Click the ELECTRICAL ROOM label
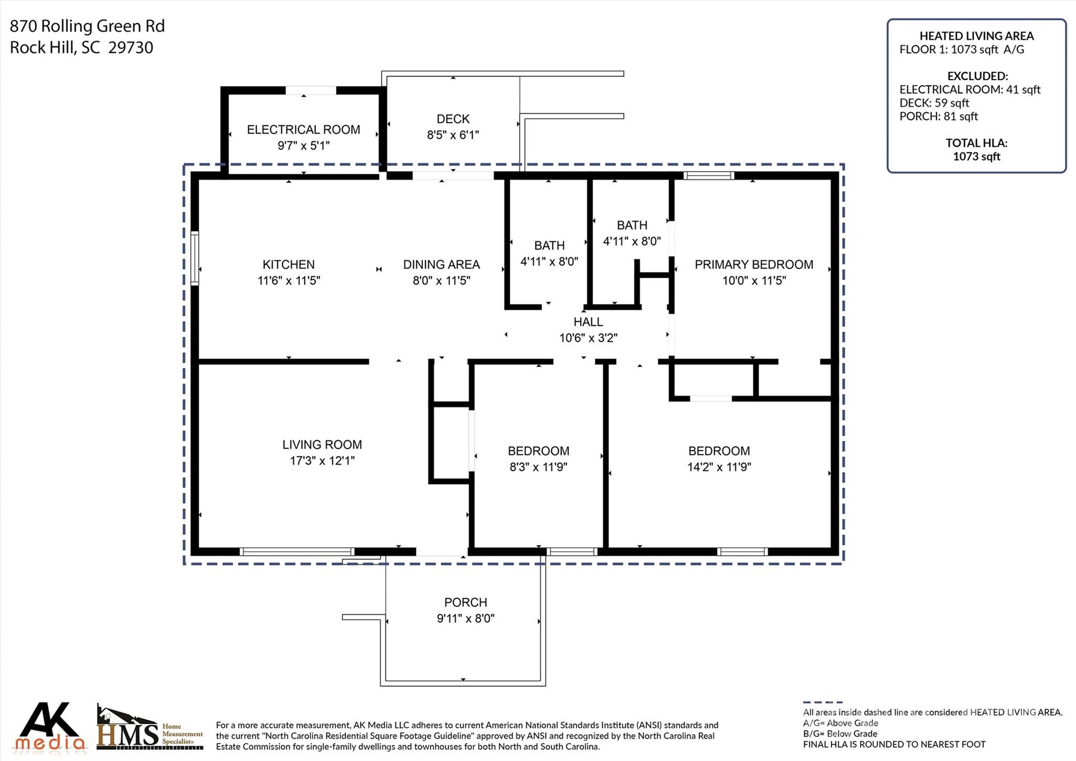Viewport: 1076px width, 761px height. coord(303,129)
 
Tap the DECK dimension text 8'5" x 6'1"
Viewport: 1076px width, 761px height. coord(452,135)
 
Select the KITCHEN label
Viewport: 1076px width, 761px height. coord(288,265)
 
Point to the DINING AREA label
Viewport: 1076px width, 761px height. coord(441,265)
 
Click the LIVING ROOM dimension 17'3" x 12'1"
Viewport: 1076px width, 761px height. coord(322,461)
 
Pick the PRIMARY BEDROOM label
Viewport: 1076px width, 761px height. coord(753,265)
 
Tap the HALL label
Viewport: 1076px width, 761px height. coord(588,322)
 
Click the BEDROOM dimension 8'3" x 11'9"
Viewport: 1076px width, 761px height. coord(538,467)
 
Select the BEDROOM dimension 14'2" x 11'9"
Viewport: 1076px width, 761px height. coord(719,467)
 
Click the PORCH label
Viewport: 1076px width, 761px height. coord(465,602)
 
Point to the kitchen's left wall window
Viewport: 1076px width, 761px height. coord(194,258)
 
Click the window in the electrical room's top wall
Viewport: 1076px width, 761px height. coord(311,90)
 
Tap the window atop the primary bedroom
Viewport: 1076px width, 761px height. coord(708,176)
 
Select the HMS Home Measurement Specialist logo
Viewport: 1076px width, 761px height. coord(149,728)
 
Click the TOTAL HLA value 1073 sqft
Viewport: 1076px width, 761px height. coord(976,156)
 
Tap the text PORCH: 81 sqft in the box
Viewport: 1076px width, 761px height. coord(938,116)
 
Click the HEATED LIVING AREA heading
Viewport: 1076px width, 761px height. coord(976,36)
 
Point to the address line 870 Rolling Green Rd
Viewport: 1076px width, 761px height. coord(87,26)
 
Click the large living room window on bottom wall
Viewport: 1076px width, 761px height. coord(297,552)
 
